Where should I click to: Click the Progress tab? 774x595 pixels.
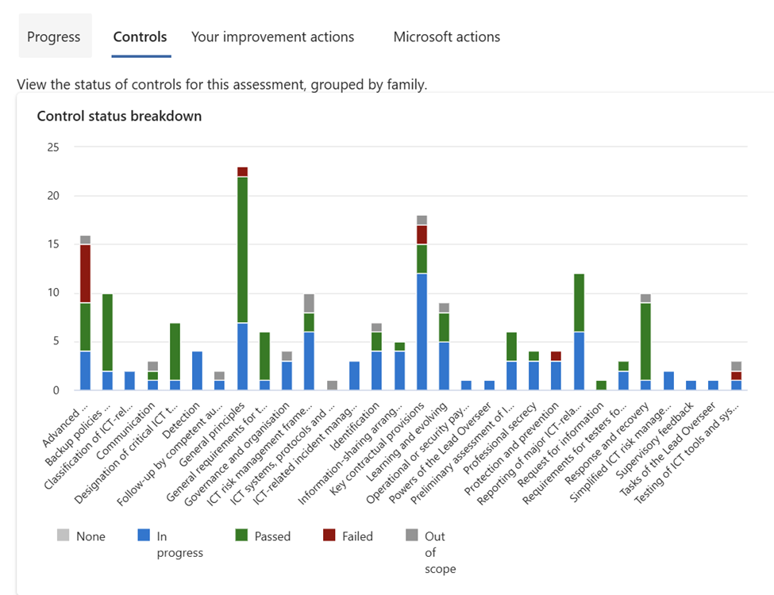tap(54, 36)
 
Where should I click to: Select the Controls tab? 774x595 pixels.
tap(141, 36)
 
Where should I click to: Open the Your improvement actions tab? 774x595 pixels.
tap(273, 36)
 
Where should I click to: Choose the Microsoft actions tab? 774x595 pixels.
tap(447, 36)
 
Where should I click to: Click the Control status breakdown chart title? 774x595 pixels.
tap(119, 116)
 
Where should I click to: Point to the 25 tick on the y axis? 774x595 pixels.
tap(53, 147)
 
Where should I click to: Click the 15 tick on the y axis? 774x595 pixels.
tap(53, 244)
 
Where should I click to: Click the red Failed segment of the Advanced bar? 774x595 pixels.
tap(85, 274)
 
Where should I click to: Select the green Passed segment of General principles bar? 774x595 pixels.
tap(242, 250)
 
